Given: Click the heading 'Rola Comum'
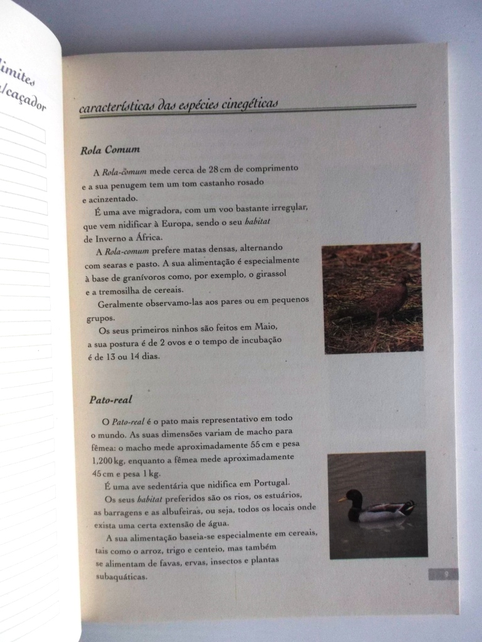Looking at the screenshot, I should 110,150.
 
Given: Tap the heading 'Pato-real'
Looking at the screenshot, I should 110,399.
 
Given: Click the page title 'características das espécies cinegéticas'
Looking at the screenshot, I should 179,106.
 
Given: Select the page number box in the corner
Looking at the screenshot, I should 444,574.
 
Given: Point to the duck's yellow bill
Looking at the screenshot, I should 343,500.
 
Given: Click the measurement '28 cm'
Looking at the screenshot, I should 223,169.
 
